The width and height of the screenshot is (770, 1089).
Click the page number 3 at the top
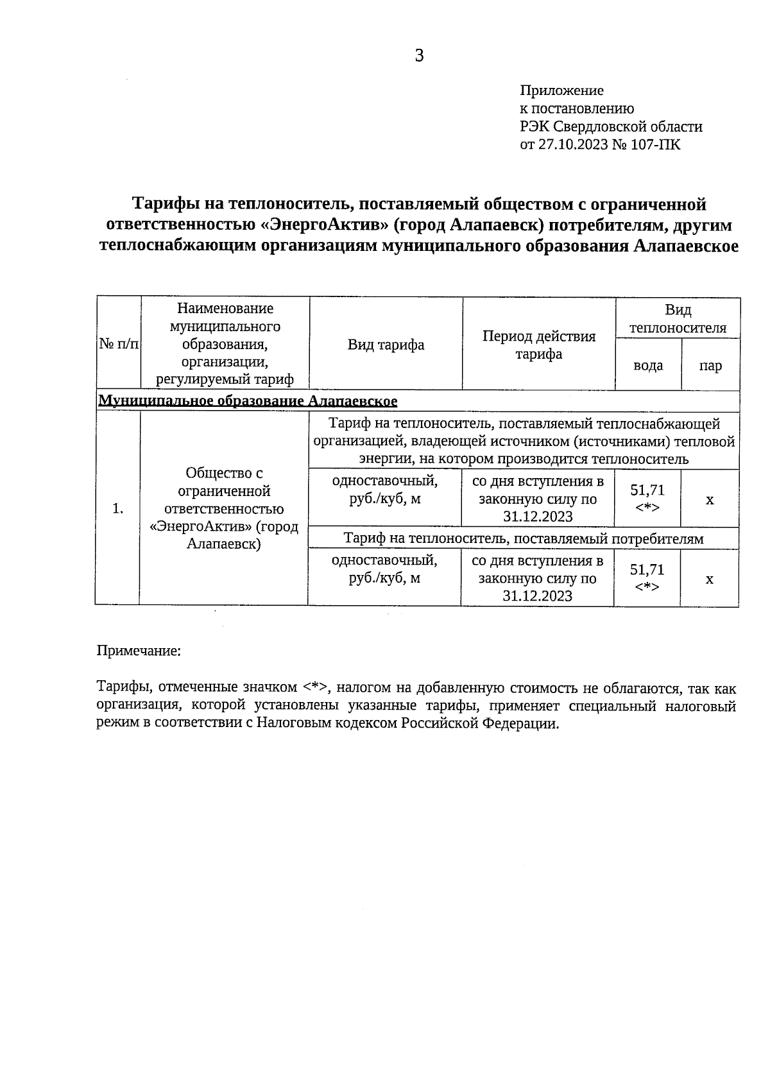click(419, 56)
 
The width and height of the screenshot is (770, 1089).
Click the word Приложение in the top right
click(561, 90)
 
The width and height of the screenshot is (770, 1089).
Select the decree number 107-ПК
click(657, 144)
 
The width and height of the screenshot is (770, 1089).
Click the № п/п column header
click(119, 345)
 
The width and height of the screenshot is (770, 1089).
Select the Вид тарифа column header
click(386, 345)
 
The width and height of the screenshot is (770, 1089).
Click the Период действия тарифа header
click(539, 345)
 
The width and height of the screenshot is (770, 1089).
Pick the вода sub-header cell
click(648, 365)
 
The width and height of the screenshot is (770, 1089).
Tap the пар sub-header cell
click(710, 366)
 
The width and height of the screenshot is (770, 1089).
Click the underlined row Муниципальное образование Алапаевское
click(248, 401)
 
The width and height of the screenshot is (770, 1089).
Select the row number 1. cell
click(117, 509)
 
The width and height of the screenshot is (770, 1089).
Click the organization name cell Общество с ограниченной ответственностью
click(224, 508)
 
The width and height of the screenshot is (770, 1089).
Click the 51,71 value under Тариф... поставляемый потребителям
click(647, 570)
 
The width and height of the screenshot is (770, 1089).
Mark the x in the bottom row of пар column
click(709, 579)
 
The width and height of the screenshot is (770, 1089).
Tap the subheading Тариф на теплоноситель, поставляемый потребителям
click(523, 538)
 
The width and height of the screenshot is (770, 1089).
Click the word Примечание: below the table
click(139, 651)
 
